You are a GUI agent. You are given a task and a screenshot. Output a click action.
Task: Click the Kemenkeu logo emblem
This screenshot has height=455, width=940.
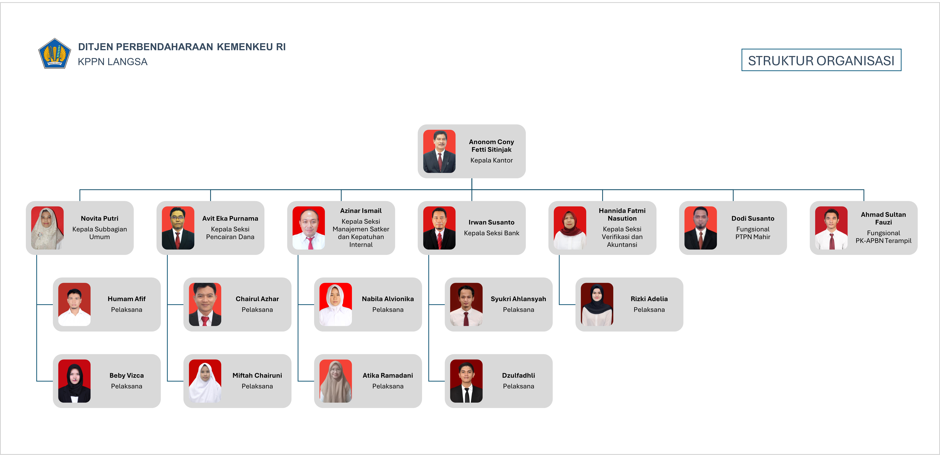(54, 54)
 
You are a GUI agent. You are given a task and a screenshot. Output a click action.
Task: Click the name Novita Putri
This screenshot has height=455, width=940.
(100, 218)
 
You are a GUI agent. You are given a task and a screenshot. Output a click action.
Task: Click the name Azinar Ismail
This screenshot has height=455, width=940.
(361, 211)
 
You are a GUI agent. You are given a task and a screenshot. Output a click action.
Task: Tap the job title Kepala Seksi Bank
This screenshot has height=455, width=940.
(492, 233)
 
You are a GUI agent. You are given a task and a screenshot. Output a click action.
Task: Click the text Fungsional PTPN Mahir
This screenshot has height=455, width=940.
(753, 233)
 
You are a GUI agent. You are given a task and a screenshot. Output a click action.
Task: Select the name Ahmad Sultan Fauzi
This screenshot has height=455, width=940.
(883, 218)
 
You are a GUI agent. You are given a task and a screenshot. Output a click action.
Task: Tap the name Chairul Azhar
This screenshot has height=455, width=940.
(257, 299)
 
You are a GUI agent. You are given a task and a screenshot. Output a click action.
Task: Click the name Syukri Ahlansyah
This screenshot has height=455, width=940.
(519, 299)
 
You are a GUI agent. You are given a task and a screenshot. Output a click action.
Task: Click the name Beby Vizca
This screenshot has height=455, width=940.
(127, 375)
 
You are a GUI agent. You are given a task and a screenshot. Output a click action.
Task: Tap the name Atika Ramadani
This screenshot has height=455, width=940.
(388, 375)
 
